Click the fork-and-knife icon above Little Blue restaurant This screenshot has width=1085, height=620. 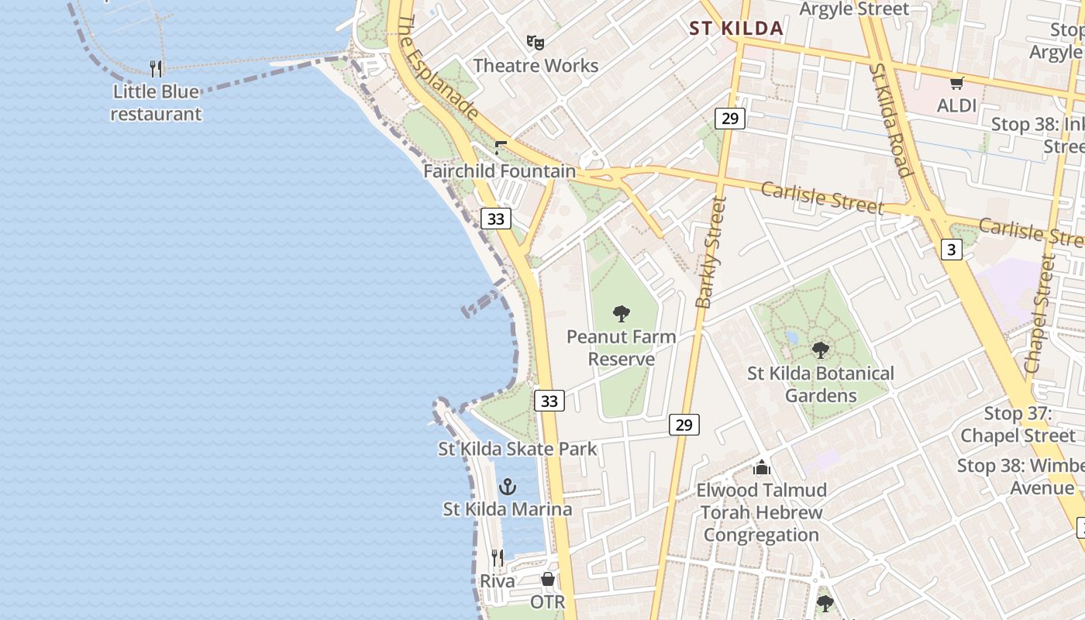click(x=157, y=68)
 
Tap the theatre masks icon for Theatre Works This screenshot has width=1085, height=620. click(x=534, y=42)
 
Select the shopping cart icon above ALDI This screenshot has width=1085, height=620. click(x=957, y=83)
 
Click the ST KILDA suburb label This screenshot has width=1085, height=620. click(x=736, y=29)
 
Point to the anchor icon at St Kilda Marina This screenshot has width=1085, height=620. click(x=508, y=487)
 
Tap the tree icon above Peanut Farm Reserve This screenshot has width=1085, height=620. click(x=621, y=314)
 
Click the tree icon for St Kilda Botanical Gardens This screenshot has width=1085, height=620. click(x=821, y=350)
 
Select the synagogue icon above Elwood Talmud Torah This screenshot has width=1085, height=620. click(x=762, y=467)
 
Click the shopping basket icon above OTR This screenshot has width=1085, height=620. click(x=547, y=579)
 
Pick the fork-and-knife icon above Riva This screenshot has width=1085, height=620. click(x=498, y=558)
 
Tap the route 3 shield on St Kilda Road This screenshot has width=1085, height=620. click(x=952, y=249)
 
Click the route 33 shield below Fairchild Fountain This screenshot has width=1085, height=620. click(x=496, y=219)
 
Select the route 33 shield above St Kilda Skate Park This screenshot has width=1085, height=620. click(x=549, y=401)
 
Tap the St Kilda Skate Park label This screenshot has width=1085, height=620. click(x=518, y=449)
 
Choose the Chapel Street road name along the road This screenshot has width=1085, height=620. click(x=1040, y=314)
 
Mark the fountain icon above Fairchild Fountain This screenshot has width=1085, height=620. click(x=501, y=147)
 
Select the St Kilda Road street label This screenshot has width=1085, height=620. click(x=889, y=120)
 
